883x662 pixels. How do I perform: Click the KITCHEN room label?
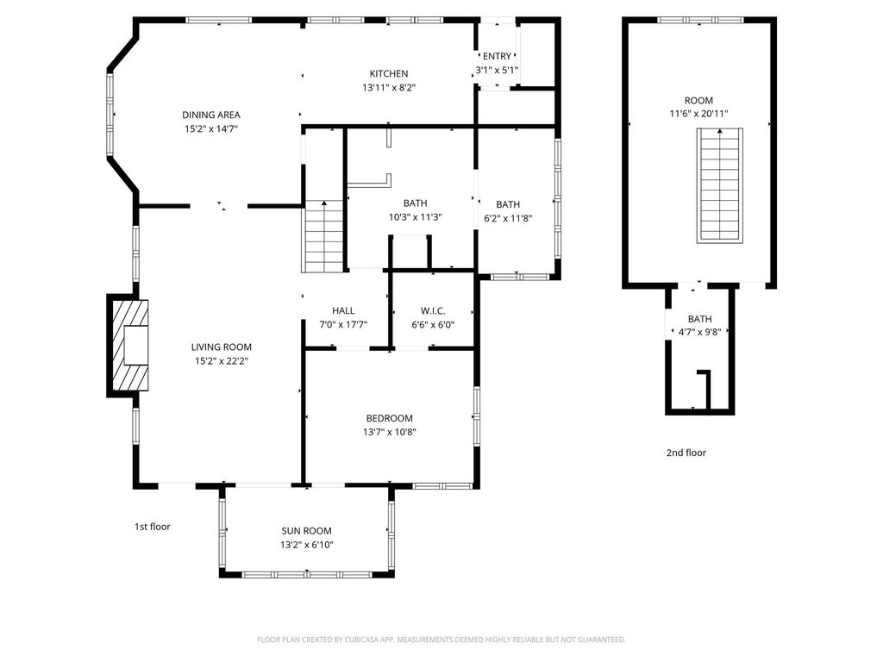[389, 74]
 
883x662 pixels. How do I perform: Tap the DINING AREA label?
[211, 115]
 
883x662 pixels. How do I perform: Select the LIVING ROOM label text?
[222, 347]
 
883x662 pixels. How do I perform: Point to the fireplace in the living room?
[128, 346]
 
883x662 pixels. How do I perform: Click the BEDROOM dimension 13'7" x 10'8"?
[391, 432]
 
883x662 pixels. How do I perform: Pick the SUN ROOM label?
[306, 531]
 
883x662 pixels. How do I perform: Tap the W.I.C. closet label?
[433, 311]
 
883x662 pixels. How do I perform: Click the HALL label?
[343, 311]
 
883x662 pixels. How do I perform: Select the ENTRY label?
[497, 57]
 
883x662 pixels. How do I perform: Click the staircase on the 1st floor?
[324, 236]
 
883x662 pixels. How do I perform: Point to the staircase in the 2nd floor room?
[719, 185]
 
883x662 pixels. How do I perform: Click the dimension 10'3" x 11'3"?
[415, 217]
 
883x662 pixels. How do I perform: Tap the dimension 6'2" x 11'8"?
[508, 218]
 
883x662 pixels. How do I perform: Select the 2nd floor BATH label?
[700, 319]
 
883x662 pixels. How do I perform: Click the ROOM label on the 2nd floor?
[698, 101]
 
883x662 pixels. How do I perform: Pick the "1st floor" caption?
[153, 527]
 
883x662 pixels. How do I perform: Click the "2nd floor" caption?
[686, 453]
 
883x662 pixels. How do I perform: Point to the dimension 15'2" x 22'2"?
[222, 361]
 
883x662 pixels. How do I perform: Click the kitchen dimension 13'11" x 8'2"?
[390, 87]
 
